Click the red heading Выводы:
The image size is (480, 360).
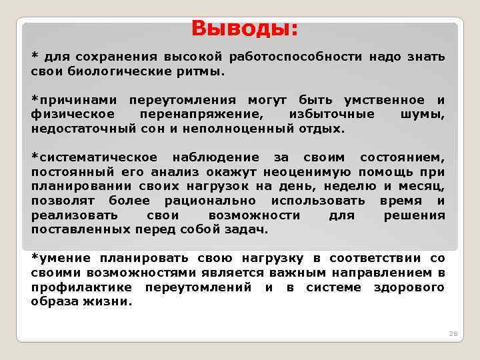[245, 29]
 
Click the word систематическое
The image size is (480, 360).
[95, 157]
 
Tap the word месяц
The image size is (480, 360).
[421, 186]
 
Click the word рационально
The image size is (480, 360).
[207, 201]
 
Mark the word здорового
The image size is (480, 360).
[409, 287]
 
